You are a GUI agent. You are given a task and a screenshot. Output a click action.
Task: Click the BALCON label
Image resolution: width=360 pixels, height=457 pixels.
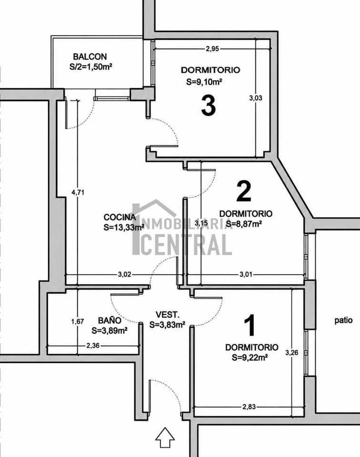click(90, 56)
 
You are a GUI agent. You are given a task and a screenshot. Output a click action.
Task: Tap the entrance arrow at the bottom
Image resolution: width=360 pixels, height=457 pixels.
click(165, 437)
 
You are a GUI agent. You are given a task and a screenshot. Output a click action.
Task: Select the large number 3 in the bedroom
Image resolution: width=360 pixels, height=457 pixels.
click(209, 106)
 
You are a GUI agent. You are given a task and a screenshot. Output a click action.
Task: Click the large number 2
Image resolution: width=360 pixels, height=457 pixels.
click(244, 191)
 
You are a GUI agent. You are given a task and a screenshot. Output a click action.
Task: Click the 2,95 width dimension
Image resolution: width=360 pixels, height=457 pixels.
click(212, 49)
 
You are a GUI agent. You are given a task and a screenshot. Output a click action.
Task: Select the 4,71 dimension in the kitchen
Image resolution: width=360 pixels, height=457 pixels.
click(78, 192)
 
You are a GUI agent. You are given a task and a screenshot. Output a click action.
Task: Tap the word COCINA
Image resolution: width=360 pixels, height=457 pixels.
click(120, 217)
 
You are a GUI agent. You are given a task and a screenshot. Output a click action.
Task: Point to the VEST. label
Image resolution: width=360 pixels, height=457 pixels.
click(167, 315)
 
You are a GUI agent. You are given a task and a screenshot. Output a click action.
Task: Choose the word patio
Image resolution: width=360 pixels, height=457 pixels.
click(343, 320)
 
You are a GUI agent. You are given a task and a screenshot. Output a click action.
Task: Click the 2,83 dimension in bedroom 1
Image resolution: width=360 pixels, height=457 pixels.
click(249, 407)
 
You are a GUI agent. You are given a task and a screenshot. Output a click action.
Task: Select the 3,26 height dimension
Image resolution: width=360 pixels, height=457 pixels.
click(291, 353)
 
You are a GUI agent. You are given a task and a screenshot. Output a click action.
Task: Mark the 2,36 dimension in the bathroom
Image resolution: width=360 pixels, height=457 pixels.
click(93, 346)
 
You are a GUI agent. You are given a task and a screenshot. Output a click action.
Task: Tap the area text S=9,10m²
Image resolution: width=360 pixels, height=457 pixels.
click(204, 82)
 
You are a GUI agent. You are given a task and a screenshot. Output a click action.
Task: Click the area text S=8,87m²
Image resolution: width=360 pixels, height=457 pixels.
click(243, 224)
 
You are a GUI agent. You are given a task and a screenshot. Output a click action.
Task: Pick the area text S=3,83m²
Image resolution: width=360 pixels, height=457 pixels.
click(167, 325)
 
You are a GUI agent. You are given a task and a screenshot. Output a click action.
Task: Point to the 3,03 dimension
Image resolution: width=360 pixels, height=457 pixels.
click(256, 98)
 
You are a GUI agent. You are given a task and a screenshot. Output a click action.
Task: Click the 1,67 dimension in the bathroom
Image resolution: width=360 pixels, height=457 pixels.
click(78, 321)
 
